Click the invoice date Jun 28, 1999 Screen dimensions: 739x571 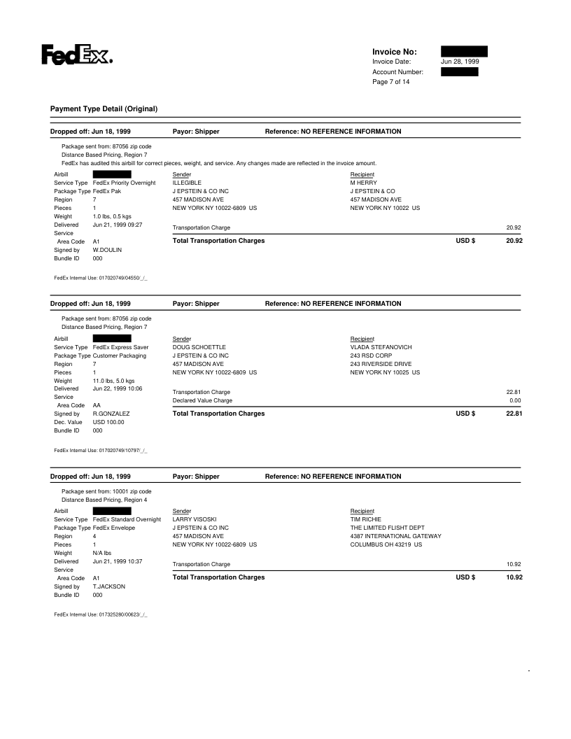[x=460, y=62]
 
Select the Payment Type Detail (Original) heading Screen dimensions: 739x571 [x=104, y=109]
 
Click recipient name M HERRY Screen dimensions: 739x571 [x=364, y=182]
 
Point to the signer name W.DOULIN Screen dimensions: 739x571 [x=107, y=249]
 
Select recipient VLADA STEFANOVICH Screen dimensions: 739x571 [x=381, y=347]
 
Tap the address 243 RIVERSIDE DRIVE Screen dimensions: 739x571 [x=381, y=364]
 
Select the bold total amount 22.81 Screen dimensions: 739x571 [x=514, y=414]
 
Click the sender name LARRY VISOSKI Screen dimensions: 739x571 [x=195, y=519]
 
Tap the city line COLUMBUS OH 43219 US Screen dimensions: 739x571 [x=386, y=544]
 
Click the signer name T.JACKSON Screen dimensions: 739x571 [x=108, y=586]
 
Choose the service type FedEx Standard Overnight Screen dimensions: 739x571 [x=127, y=519]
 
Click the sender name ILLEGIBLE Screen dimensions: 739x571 [x=187, y=182]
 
